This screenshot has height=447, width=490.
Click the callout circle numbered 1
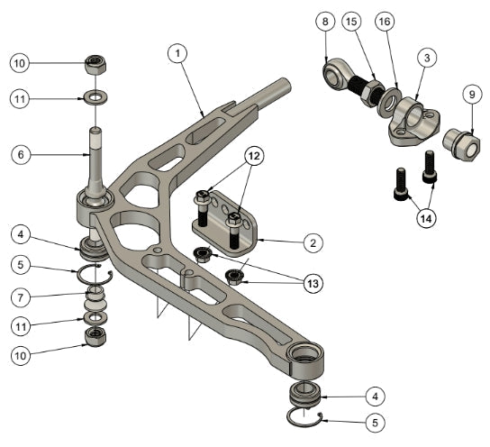180,53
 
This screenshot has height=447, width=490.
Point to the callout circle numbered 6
23,154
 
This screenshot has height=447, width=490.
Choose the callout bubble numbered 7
23,296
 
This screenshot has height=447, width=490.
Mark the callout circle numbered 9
470,93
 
